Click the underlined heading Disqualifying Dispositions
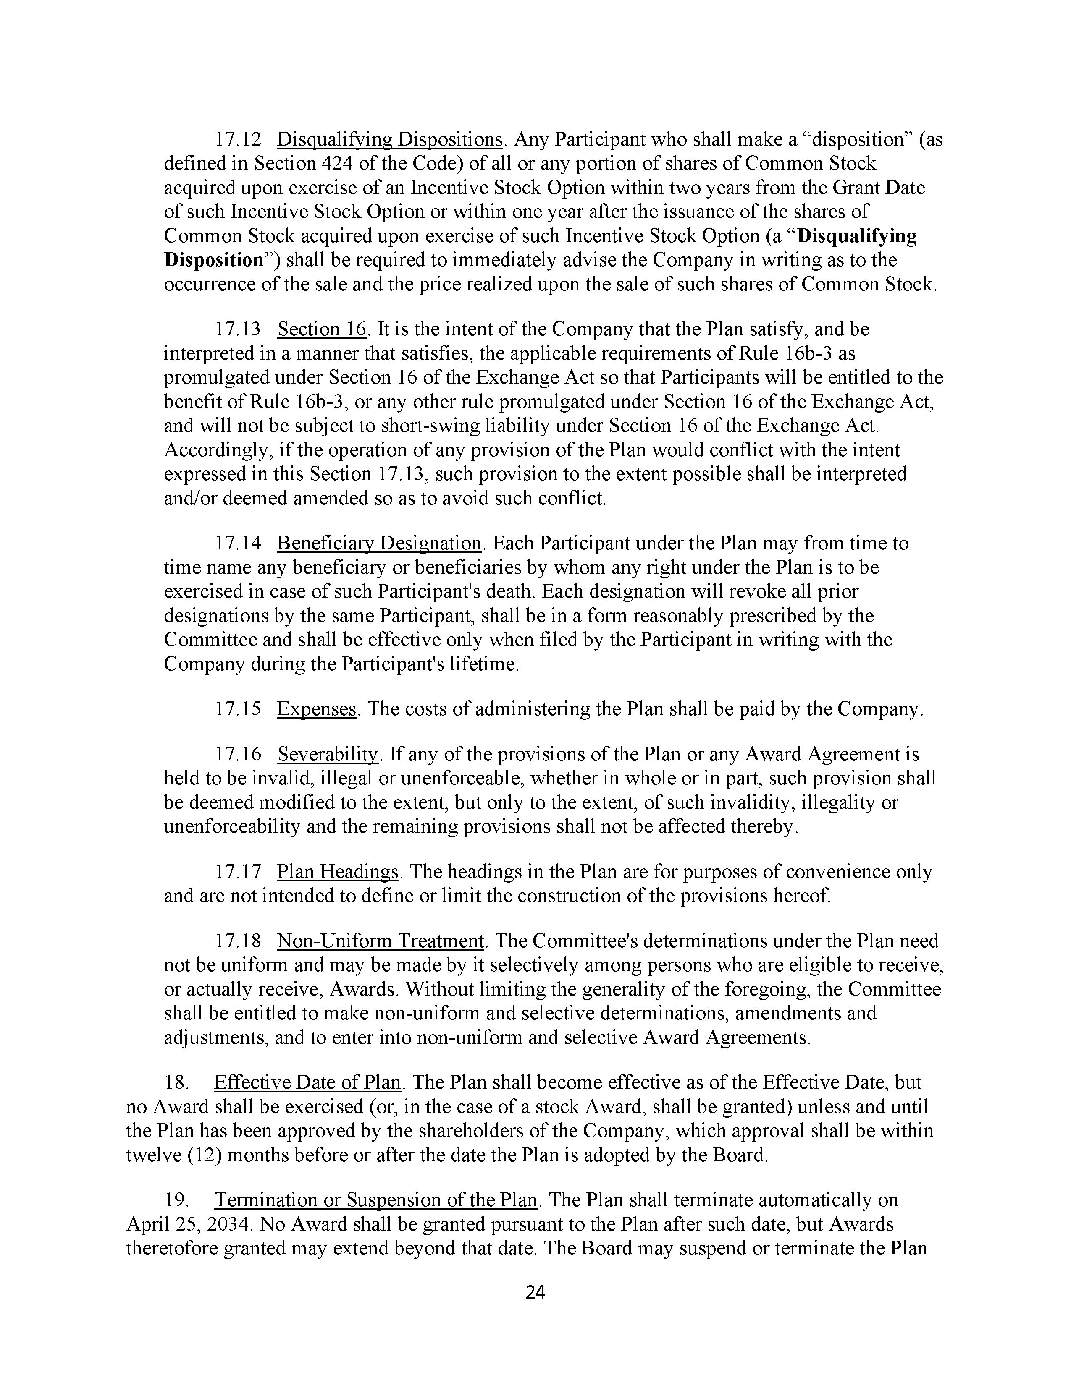390,139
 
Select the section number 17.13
238,329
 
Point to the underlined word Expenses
317,709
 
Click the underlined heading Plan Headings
338,872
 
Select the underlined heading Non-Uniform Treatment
381,941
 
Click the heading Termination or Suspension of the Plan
375,1200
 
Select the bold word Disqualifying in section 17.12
856,236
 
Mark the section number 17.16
238,755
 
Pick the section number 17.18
238,941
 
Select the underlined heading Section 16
322,329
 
